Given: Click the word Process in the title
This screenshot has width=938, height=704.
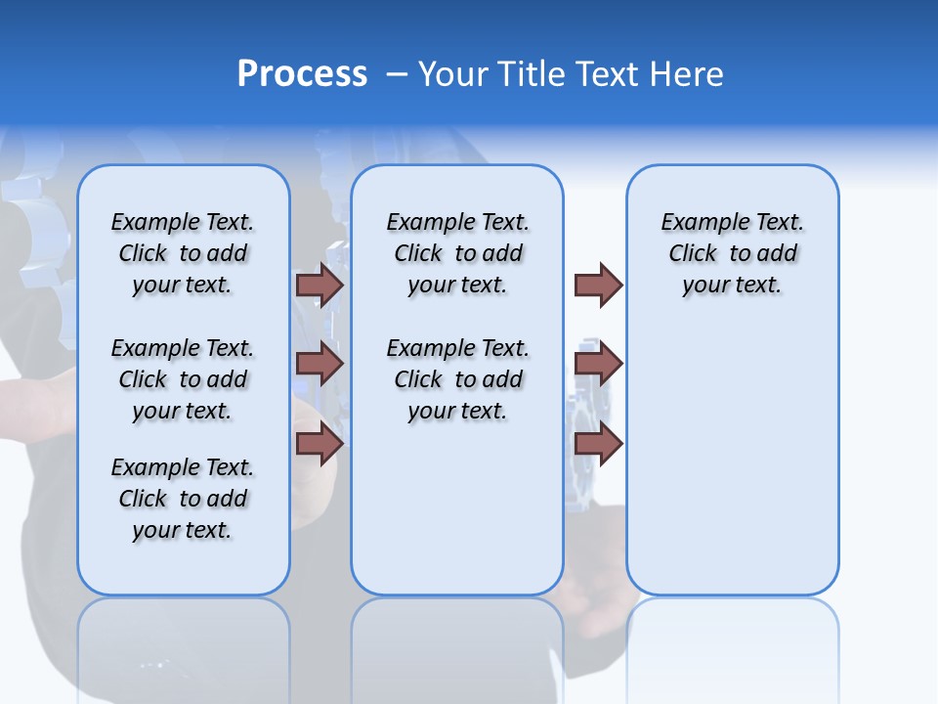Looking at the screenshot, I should [x=302, y=74].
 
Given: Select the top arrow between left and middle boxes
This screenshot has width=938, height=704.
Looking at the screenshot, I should [x=320, y=285].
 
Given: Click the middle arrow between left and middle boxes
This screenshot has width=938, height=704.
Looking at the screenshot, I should [x=320, y=364].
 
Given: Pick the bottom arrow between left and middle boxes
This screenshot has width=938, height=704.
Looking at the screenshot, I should [x=320, y=444].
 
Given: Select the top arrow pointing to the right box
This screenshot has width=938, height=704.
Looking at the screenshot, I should [x=598, y=285].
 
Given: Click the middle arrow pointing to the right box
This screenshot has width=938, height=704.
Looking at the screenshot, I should [x=598, y=364].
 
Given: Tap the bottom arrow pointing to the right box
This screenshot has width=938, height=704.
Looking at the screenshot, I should [x=598, y=444].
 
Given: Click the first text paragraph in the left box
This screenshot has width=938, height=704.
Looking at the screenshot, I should [x=183, y=253].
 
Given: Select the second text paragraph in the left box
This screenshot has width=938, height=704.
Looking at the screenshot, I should [x=183, y=379].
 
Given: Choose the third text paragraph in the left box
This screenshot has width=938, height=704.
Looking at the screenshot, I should [x=183, y=499].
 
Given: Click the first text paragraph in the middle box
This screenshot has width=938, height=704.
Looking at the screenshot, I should [x=457, y=253].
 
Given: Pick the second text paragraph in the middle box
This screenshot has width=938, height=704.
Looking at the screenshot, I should [x=457, y=379].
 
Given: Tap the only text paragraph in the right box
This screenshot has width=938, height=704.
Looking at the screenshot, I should [x=732, y=253].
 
